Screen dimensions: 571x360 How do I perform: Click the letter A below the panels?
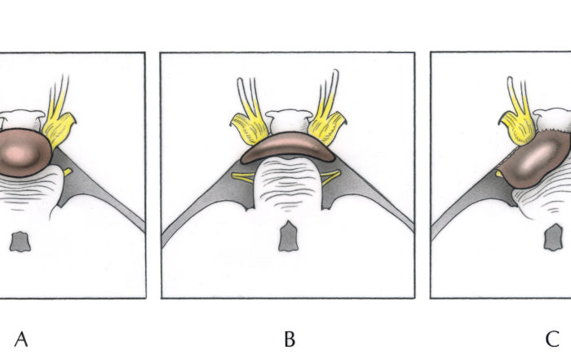pyautogui.click(x=21, y=340)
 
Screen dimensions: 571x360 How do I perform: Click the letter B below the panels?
pyautogui.click(x=290, y=340)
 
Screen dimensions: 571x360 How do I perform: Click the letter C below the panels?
pyautogui.click(x=552, y=340)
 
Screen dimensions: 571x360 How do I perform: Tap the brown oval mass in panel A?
pyautogui.click(x=24, y=153)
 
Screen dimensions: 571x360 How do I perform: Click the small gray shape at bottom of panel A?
pyautogui.click(x=20, y=241)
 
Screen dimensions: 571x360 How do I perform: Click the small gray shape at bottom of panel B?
pyautogui.click(x=289, y=236)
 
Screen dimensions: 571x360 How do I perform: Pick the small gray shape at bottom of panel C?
pyautogui.click(x=553, y=238)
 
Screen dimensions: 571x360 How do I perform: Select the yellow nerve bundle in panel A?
pyautogui.click(x=59, y=117)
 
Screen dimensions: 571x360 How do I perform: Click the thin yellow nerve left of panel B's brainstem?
pyautogui.click(x=243, y=177)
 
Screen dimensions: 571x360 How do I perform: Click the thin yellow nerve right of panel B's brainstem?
pyautogui.click(x=330, y=176)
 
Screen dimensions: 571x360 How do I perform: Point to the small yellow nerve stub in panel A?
pyautogui.click(x=68, y=171)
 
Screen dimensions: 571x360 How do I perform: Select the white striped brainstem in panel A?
pyautogui.click(x=31, y=191)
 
